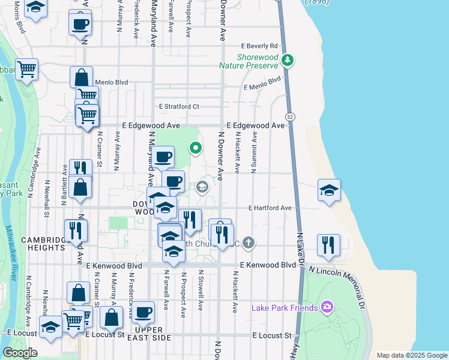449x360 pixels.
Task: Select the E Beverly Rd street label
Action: pos(261,46)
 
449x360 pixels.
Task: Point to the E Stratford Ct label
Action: pos(179,107)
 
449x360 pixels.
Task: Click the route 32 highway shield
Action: pos(291,116)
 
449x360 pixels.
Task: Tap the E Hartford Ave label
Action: pos(270,208)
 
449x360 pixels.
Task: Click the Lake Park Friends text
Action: pos(285,308)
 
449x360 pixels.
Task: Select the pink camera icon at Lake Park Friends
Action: pos(327,307)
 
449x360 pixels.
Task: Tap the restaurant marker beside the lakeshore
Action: pos(328,245)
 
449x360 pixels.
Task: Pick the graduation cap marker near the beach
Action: pos(329,191)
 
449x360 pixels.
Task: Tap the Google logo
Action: pos(20,353)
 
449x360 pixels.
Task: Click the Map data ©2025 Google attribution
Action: pos(411,355)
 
